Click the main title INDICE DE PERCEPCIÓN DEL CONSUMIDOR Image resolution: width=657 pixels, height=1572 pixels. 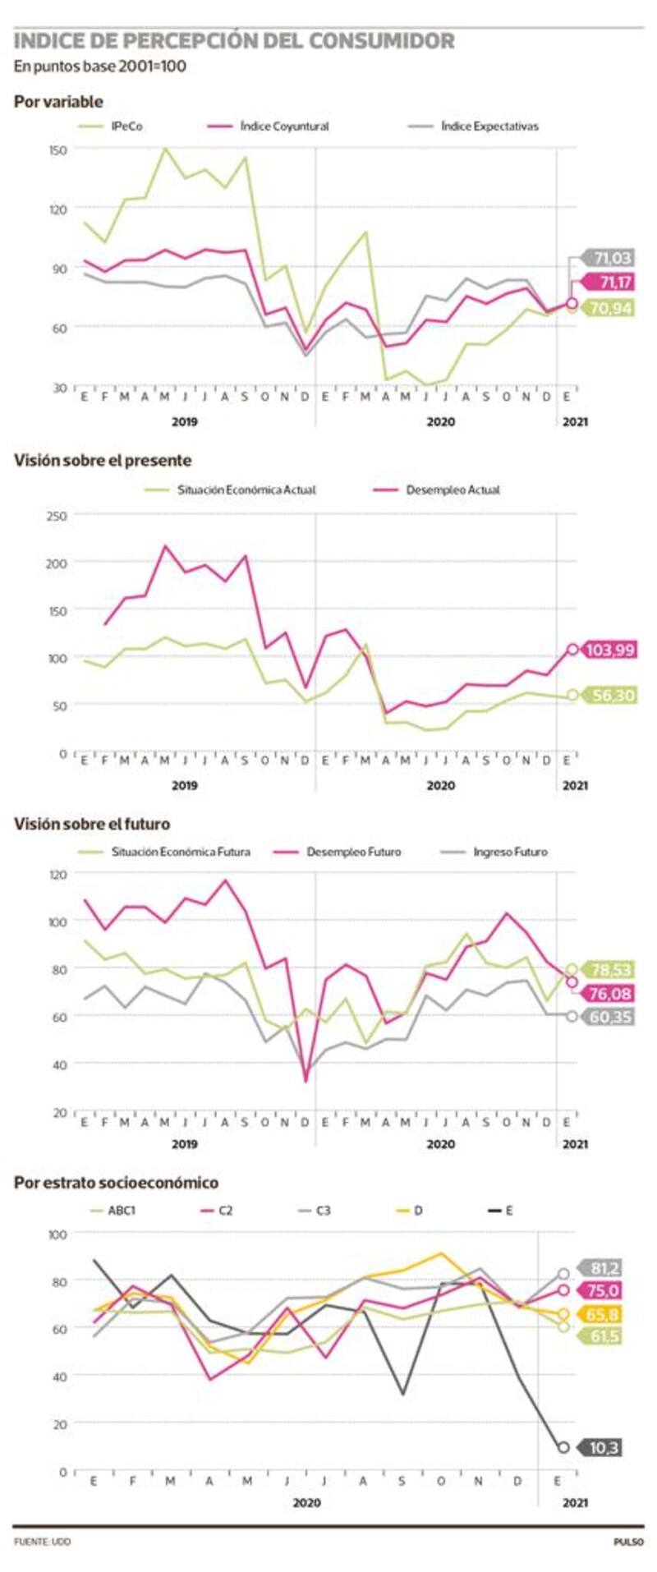click(234, 41)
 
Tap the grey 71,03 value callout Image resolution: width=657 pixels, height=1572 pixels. click(610, 259)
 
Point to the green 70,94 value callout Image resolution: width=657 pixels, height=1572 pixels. click(610, 309)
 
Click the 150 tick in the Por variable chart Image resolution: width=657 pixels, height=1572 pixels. click(57, 149)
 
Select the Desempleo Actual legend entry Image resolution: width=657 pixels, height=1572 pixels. click(453, 490)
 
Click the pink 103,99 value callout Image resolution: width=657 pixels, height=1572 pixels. click(610, 650)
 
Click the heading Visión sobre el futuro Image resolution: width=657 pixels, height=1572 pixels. click(92, 824)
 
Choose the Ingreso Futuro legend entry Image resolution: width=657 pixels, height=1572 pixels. click(510, 852)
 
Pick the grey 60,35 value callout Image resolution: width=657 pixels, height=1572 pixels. click(610, 1017)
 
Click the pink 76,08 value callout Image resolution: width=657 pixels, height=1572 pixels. click(610, 994)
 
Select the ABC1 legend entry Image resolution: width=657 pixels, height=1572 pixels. click(122, 1211)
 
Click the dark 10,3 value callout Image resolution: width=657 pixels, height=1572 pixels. click(604, 1447)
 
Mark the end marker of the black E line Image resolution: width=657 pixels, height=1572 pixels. click(563, 1447)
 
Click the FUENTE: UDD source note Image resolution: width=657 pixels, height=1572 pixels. click(42, 1542)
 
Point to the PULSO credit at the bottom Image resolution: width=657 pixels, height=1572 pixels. click(628, 1542)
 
